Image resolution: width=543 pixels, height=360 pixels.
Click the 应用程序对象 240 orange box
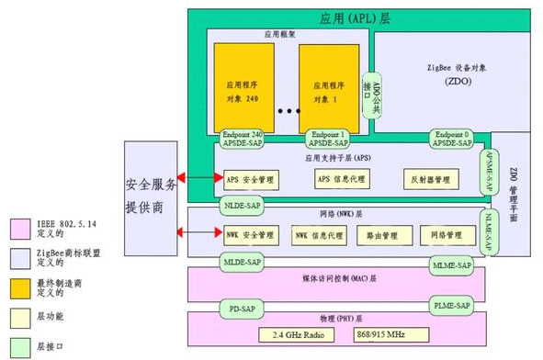(x=244, y=86)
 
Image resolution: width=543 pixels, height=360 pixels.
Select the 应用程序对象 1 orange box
(x=329, y=86)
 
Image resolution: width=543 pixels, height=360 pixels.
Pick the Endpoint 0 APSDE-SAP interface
(x=451, y=139)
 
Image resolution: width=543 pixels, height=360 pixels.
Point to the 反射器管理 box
(x=428, y=178)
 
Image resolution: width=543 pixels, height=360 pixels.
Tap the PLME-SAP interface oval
(x=451, y=304)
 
